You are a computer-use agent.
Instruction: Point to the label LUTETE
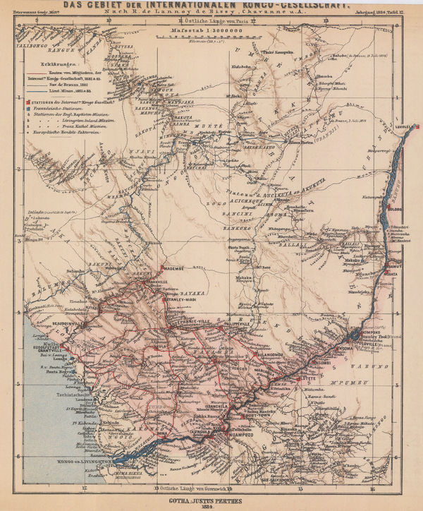(309, 378)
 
